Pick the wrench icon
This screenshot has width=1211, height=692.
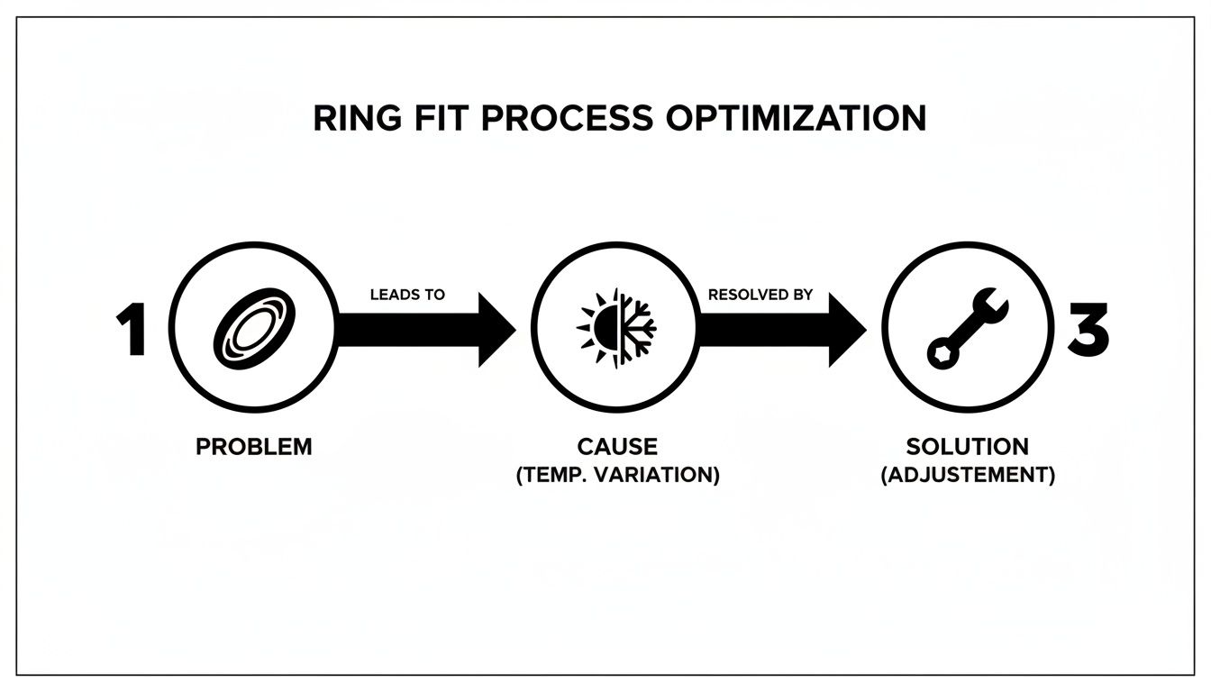[967, 326]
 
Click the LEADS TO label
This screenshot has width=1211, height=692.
[407, 295]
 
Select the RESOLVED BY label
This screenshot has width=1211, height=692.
[760, 295]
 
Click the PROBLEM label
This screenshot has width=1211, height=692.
[254, 446]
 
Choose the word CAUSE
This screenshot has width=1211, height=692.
[617, 446]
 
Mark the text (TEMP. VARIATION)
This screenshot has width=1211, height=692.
[617, 476]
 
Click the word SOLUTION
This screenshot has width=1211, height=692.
[967, 446]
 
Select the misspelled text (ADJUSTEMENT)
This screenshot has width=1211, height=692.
[967, 476]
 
